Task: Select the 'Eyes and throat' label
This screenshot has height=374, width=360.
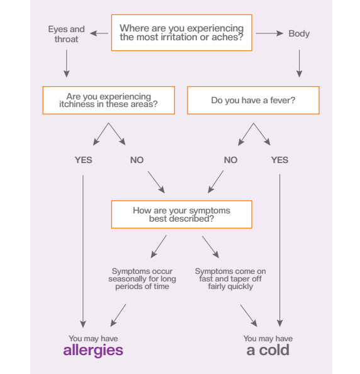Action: click(x=66, y=34)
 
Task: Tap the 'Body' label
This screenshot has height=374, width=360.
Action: click(x=299, y=33)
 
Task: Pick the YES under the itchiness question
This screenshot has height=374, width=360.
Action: click(x=84, y=160)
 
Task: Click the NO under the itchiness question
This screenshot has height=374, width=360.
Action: click(x=137, y=160)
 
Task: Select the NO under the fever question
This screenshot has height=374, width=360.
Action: click(x=230, y=160)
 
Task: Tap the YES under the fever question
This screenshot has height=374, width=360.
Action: click(x=279, y=160)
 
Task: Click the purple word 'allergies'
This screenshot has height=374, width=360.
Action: click(x=93, y=350)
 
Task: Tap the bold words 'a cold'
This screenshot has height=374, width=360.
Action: click(x=268, y=350)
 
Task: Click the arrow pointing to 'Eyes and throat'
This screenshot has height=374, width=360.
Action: click(x=99, y=33)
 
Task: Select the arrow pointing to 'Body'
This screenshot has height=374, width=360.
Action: click(x=269, y=33)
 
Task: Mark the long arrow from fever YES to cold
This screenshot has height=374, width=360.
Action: click(x=280, y=251)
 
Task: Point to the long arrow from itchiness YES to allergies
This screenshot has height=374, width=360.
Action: click(x=83, y=251)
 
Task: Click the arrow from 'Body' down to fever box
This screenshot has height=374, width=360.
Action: click(x=299, y=64)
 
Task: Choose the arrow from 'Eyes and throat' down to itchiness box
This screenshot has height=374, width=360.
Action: click(x=67, y=64)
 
